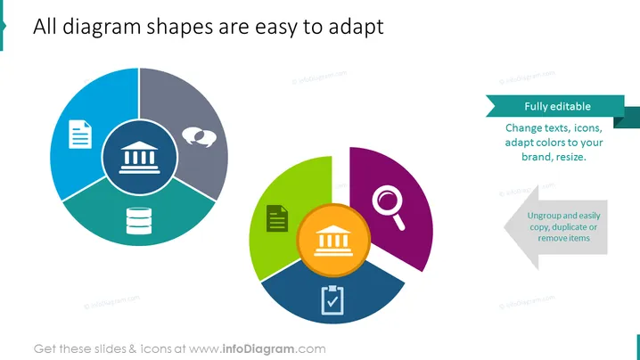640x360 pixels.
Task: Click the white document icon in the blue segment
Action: tap(80, 135)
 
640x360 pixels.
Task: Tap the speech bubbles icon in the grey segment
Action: tap(199, 136)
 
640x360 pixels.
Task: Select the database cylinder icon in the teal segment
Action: tap(139, 221)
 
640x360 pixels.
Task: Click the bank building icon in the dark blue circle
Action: tap(140, 158)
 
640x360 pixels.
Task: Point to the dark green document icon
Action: tap(277, 218)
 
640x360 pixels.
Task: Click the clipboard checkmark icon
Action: tap(332, 300)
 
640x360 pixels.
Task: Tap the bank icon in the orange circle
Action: tap(333, 241)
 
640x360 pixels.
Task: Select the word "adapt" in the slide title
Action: tap(356, 27)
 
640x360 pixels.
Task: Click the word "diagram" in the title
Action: tap(102, 27)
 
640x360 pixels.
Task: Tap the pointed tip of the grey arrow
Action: tap(505, 227)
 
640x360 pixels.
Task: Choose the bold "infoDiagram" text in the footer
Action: tap(258, 349)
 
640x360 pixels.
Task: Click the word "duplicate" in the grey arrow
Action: tap(571, 227)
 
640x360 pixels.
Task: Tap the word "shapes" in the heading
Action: tap(180, 27)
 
